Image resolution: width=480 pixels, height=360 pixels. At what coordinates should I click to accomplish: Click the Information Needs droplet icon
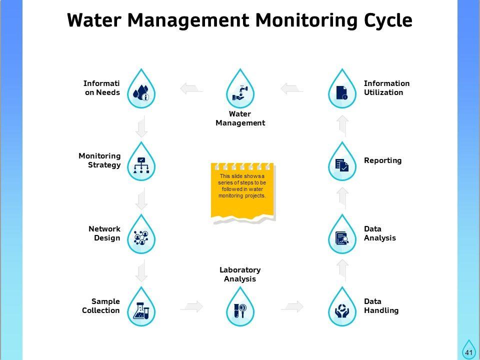pos(141,91)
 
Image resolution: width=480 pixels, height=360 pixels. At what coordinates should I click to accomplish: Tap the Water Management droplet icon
pos(240,91)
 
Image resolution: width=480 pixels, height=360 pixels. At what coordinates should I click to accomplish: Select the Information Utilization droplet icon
pos(342,91)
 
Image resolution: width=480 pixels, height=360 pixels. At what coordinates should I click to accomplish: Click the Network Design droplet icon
pos(141,236)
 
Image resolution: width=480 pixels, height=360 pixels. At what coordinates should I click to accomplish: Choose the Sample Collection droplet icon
pos(141,309)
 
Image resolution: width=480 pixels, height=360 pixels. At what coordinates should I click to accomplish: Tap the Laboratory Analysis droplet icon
pos(240,309)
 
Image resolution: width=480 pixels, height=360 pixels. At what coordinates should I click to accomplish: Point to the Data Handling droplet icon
pos(342,309)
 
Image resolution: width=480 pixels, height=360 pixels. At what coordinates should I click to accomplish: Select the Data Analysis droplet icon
pos(342,236)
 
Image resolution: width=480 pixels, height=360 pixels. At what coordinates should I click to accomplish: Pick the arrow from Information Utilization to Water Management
pos(291,89)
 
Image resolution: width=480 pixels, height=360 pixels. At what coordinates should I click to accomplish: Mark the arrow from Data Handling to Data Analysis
pos(342,269)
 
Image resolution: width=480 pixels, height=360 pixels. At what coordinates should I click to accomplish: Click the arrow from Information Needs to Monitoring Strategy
pos(142,126)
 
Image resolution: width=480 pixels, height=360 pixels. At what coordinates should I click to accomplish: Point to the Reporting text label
pos(382,160)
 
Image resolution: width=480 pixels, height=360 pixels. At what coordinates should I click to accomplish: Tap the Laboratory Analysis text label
pos(240,274)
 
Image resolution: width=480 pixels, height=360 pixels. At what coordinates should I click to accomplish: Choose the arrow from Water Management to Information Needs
pos(191,89)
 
